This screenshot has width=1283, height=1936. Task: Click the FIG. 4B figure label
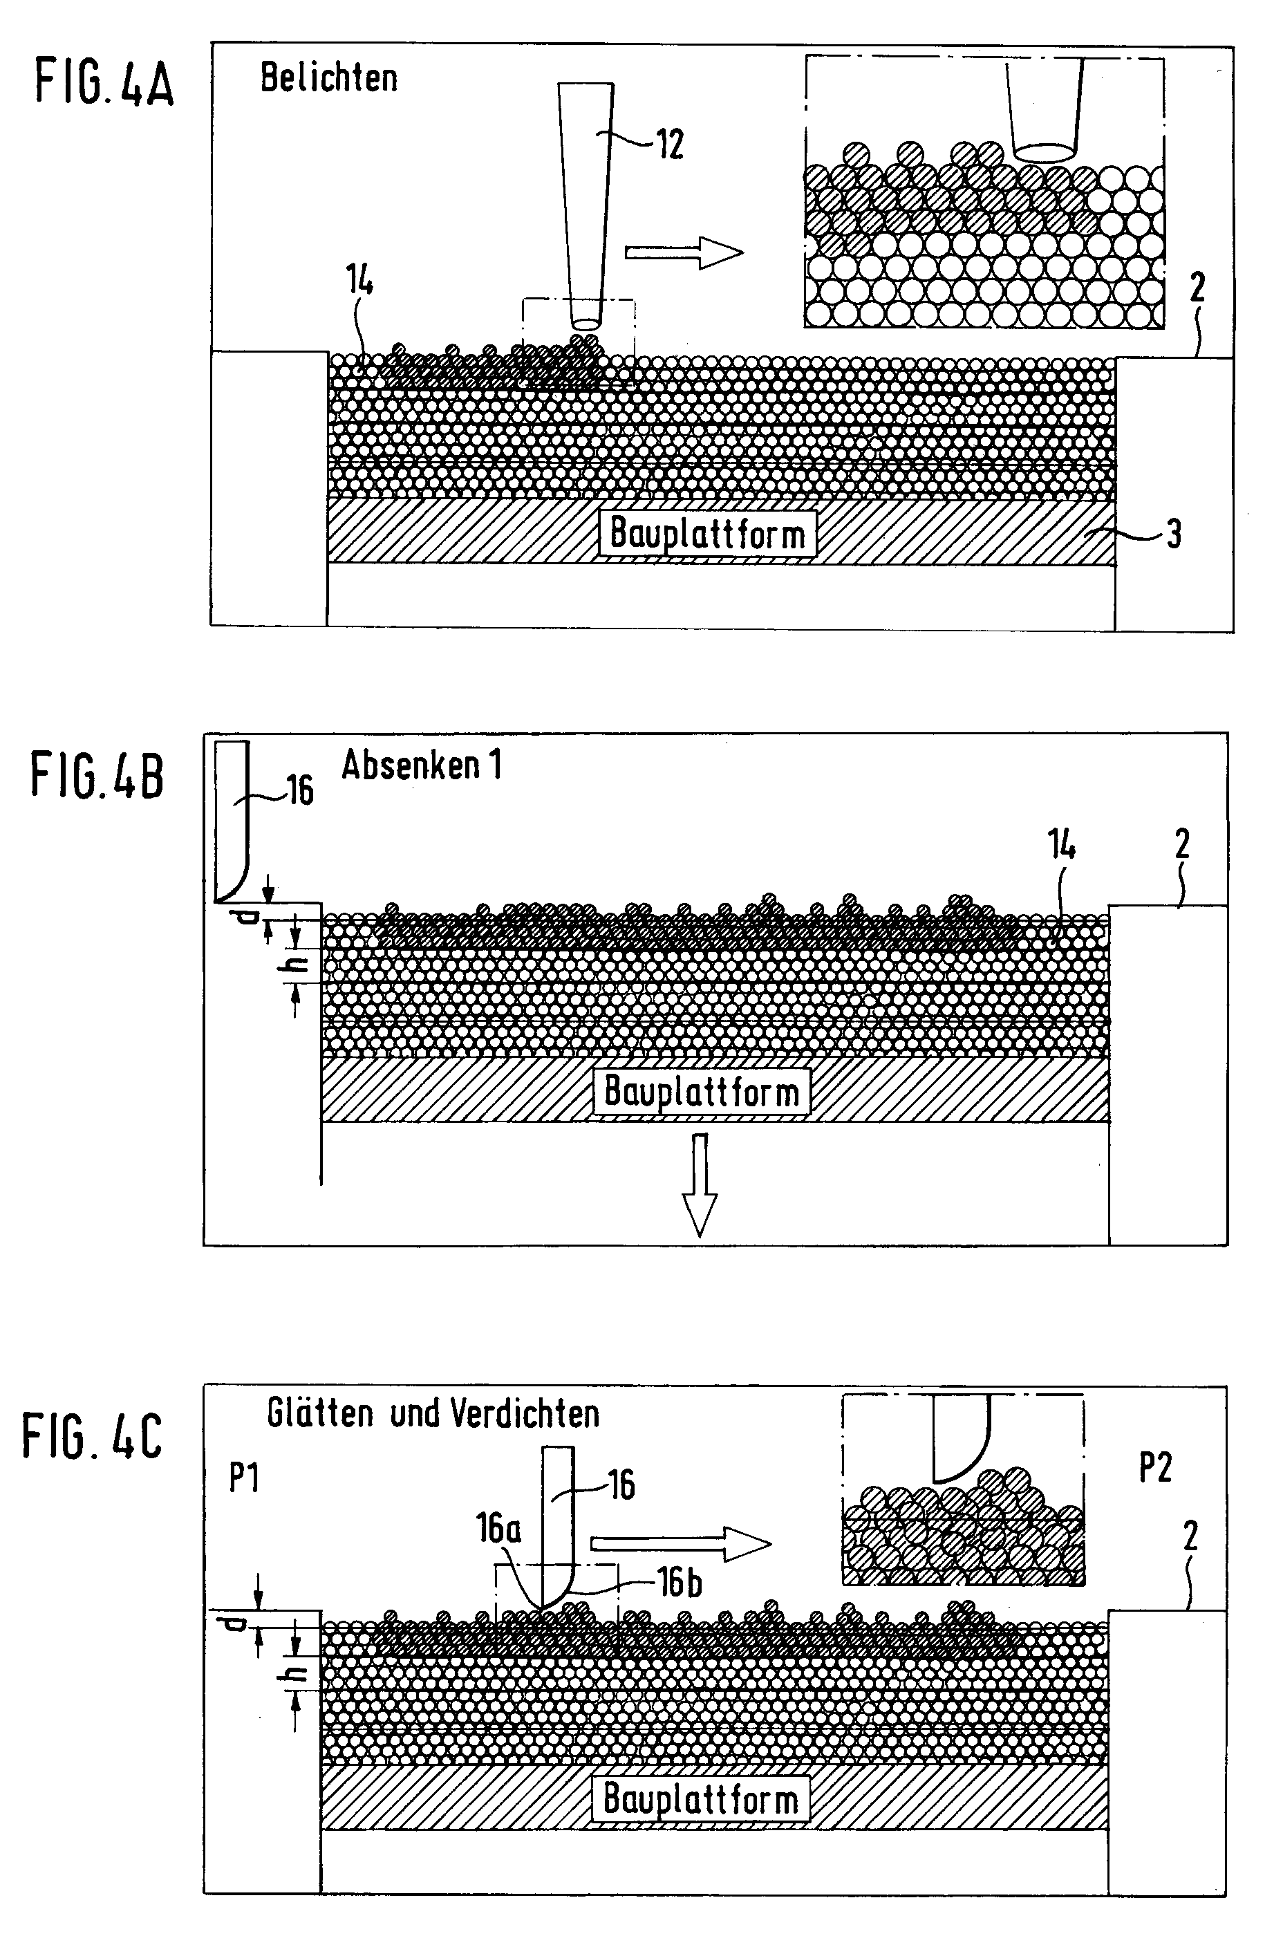[97, 776]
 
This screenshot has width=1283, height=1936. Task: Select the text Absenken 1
[422, 765]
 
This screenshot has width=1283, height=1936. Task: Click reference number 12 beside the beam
[669, 145]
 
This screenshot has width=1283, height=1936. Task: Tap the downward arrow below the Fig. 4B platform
[700, 1182]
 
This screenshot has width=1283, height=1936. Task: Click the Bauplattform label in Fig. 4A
[708, 534]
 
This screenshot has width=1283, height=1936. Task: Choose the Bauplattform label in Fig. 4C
[700, 1799]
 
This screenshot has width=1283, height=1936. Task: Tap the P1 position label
[244, 1478]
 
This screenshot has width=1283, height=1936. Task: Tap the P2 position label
[1155, 1469]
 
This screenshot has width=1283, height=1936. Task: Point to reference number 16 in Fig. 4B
[299, 790]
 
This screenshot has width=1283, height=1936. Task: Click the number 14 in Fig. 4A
[359, 281]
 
